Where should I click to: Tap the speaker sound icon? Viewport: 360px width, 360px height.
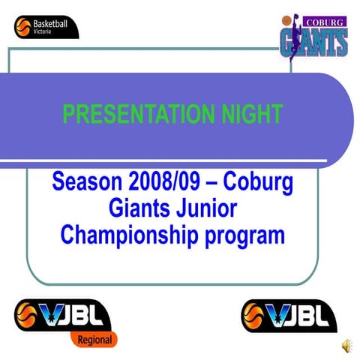pos(346,344)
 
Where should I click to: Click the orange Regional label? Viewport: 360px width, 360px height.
pos(94,340)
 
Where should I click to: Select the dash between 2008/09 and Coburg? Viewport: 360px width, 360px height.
pos(206,182)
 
